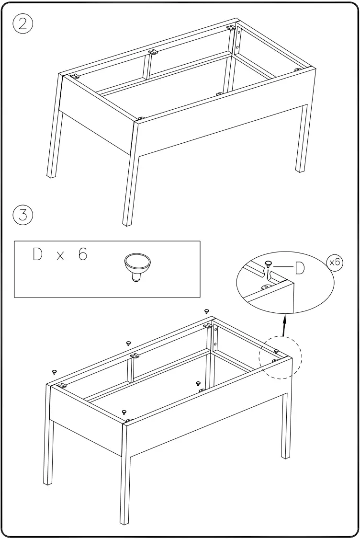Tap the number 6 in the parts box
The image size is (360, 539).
click(x=83, y=255)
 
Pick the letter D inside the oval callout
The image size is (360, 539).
click(x=300, y=269)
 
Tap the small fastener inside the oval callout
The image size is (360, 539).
click(x=268, y=263)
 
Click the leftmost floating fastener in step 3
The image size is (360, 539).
click(x=54, y=371)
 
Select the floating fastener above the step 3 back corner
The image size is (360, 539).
click(x=207, y=311)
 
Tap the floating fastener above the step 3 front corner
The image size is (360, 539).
click(x=124, y=412)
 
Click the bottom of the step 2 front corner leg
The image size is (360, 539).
click(x=128, y=222)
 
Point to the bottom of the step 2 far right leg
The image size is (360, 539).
click(x=300, y=169)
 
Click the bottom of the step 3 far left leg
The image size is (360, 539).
click(x=47, y=482)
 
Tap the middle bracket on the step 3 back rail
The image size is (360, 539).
click(x=135, y=356)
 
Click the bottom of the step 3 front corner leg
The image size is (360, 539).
click(x=125, y=521)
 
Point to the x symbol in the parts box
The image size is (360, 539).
click(x=60, y=256)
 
